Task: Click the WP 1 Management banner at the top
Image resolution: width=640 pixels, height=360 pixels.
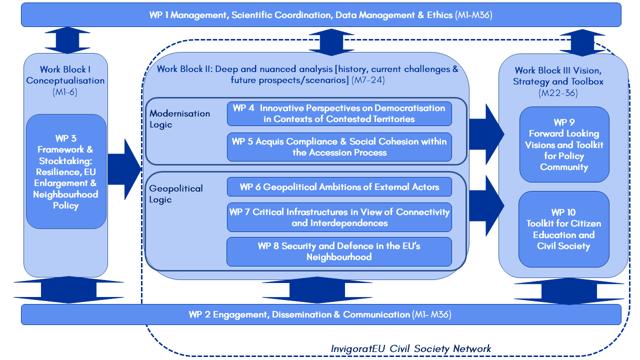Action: (320, 15)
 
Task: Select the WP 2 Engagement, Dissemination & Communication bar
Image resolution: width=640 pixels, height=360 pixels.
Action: (320, 314)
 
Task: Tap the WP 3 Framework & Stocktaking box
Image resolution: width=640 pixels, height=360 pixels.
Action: (66, 171)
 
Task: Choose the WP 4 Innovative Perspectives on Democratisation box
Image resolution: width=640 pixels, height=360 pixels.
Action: (339, 113)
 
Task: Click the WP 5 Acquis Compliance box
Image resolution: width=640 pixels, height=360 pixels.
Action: (339, 147)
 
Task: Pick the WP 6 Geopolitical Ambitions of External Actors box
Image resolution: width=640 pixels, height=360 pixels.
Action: (339, 187)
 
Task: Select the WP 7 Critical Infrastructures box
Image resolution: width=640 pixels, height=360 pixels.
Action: (339, 217)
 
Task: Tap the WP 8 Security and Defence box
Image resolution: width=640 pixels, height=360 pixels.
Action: (339, 251)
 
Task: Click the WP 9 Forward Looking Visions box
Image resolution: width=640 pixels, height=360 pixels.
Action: (564, 144)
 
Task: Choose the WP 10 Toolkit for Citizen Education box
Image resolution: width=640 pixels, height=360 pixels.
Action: (564, 229)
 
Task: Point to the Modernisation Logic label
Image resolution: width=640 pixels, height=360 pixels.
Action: (179, 119)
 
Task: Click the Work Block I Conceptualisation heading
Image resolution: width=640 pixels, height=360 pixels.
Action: (65, 75)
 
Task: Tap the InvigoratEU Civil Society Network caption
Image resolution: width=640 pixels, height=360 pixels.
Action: (411, 348)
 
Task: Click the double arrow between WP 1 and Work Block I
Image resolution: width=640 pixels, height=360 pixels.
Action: (65, 40)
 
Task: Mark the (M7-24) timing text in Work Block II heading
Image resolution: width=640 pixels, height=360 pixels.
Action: (369, 80)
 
